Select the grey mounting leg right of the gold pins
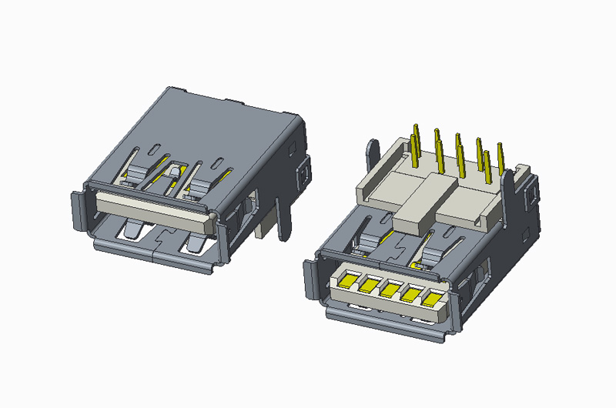click(509, 200)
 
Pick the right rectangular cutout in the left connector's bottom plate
click(192, 242)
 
